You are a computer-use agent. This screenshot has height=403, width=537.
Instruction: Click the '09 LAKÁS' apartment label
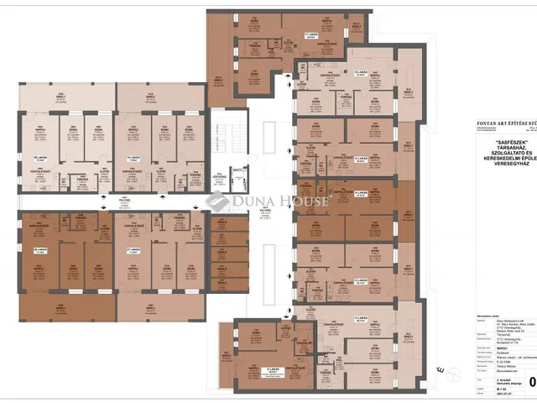coord(39,157)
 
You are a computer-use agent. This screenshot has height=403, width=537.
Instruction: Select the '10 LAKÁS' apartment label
coord(132,157)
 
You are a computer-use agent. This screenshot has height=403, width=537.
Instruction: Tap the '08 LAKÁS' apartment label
coord(39,249)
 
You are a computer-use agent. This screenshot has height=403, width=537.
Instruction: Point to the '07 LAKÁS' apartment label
coord(132,249)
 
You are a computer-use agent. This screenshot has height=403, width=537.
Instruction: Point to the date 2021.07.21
coord(480,395)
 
